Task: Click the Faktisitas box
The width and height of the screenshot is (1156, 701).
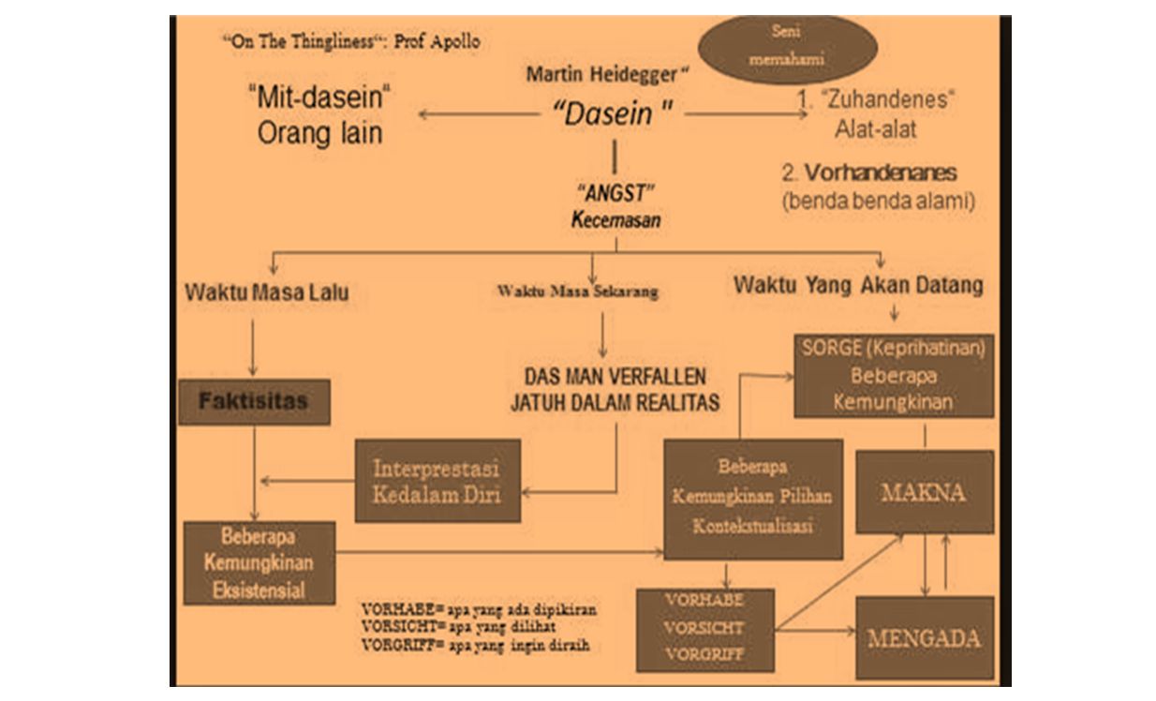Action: click(254, 401)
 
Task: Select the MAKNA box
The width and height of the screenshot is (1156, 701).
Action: click(924, 492)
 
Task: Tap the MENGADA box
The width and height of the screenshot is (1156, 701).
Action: click(924, 638)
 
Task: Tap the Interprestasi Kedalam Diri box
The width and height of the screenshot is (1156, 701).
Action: click(437, 481)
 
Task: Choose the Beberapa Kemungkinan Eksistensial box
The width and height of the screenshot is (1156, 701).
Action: click(259, 564)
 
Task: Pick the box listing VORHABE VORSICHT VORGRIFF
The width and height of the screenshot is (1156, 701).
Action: click(704, 628)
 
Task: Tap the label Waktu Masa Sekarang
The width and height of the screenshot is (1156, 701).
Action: click(577, 291)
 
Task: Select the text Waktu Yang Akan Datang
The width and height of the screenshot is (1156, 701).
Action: click(858, 285)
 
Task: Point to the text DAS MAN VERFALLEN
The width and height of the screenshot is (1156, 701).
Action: click(614, 377)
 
